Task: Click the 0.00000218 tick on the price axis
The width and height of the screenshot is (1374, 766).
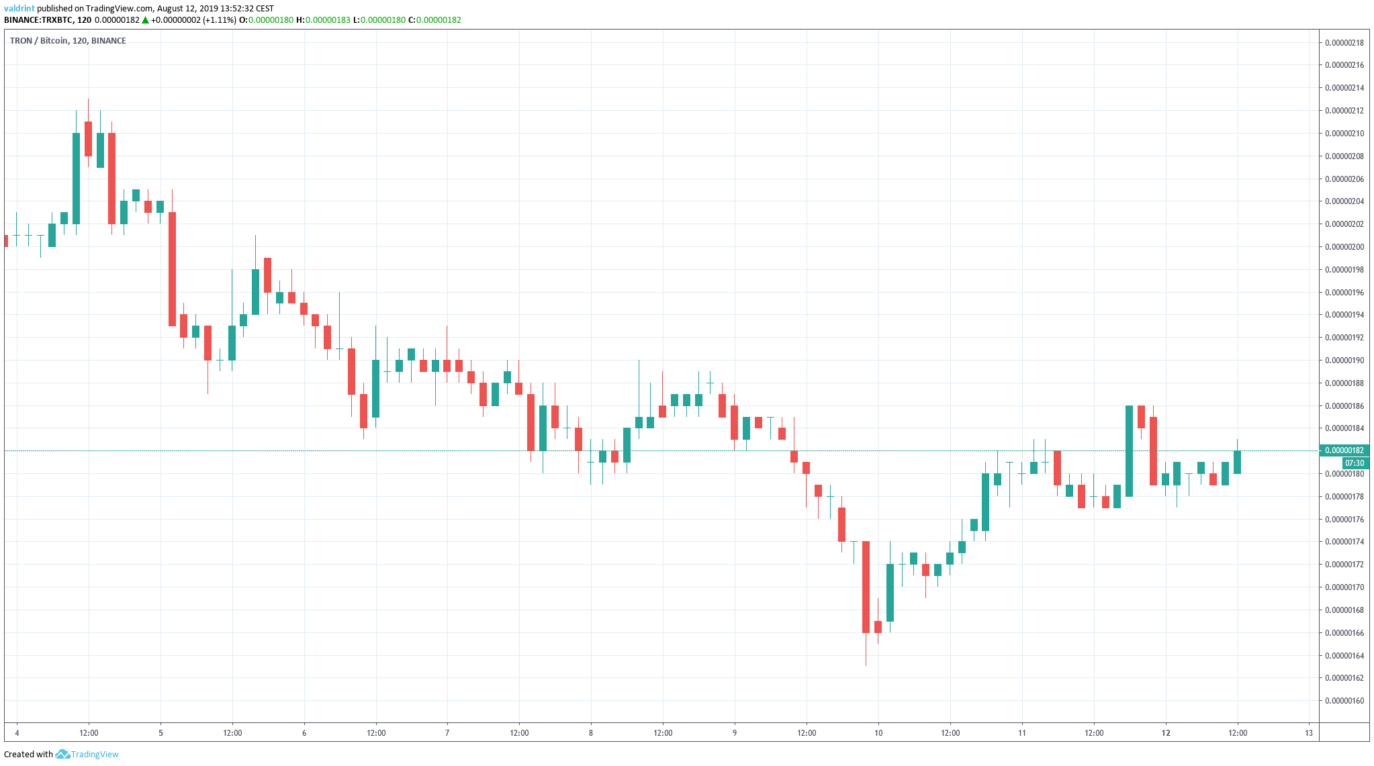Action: [x=1344, y=43]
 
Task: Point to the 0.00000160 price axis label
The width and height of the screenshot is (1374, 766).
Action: [x=1344, y=701]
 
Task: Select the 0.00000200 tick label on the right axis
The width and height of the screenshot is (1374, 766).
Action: [x=1344, y=247]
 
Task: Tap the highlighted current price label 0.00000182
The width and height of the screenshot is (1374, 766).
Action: [x=1344, y=450]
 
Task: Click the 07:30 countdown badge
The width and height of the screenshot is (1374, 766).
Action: [x=1354, y=463]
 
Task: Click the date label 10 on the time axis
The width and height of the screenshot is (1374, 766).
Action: [x=878, y=733]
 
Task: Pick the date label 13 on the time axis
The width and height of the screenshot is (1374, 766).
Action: [x=1309, y=733]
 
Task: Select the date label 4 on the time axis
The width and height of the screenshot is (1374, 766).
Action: [x=17, y=733]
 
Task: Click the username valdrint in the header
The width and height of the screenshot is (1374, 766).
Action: [x=19, y=9]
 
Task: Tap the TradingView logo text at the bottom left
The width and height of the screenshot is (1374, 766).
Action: [x=94, y=755]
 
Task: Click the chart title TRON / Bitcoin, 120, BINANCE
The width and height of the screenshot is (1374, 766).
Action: [x=68, y=41]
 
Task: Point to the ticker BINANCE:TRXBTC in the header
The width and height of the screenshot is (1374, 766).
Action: [x=38, y=20]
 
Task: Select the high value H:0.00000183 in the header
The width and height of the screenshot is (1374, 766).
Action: [x=323, y=20]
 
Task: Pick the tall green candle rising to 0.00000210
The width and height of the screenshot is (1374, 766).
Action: [x=77, y=179]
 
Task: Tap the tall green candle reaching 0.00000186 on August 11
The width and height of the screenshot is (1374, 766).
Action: [x=1130, y=451]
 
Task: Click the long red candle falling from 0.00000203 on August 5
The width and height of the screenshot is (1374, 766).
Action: [x=173, y=269]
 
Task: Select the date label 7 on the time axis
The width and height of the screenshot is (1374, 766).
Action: [x=447, y=733]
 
